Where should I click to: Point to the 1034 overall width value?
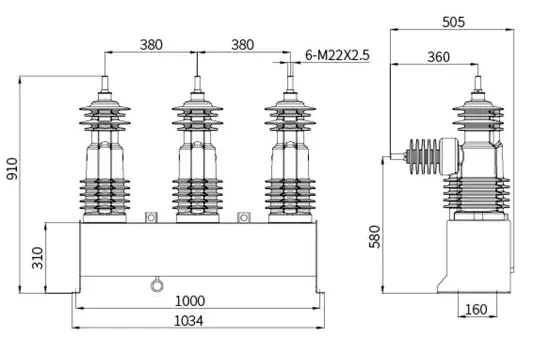tap(196, 321)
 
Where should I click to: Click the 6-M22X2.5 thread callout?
tap(336, 56)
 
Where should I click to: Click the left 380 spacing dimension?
tap(151, 44)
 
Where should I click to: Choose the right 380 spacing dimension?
tap(243, 44)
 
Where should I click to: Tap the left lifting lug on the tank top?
tap(151, 216)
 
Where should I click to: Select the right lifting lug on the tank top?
tap(243, 216)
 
